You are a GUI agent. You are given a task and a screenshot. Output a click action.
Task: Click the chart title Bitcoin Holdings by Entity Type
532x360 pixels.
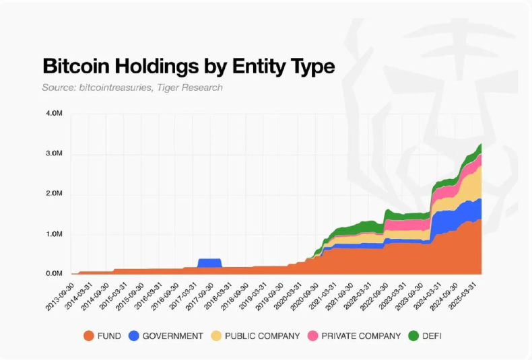point(189,67)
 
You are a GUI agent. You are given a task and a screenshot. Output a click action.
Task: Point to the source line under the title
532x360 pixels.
point(132,87)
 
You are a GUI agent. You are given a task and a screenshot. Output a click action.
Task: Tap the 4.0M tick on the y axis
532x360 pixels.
point(54,113)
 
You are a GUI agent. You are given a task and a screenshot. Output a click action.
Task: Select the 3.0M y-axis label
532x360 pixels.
point(54,153)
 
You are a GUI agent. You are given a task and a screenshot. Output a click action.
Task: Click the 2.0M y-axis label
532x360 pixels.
point(54,194)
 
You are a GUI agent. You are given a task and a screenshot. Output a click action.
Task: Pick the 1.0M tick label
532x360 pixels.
point(54,234)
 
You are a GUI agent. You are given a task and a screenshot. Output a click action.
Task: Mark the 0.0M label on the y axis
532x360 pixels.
point(54,274)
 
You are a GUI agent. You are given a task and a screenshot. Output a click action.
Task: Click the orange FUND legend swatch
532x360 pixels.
point(88,335)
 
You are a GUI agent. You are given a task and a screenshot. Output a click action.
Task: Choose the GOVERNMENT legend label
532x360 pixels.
point(173,335)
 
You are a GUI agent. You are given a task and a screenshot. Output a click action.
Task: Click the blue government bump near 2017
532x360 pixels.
point(209,262)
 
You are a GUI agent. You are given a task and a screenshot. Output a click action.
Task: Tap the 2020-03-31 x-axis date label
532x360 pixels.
point(289,293)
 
